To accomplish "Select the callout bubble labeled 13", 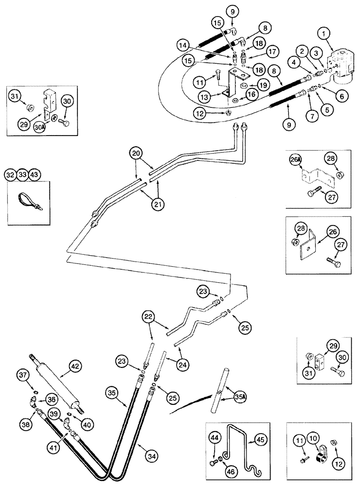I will pyautogui.click(x=218, y=97).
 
